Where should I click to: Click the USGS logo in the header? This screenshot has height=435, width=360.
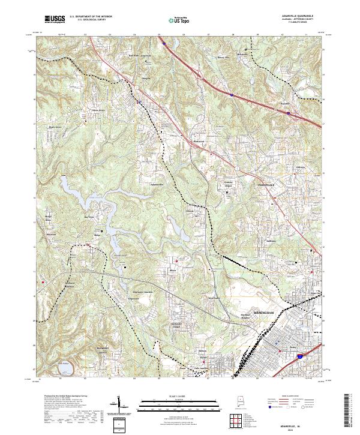[x=55, y=20]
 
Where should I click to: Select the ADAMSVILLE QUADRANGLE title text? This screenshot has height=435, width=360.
[x=305, y=16]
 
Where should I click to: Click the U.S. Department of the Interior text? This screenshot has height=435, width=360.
[x=88, y=17]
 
